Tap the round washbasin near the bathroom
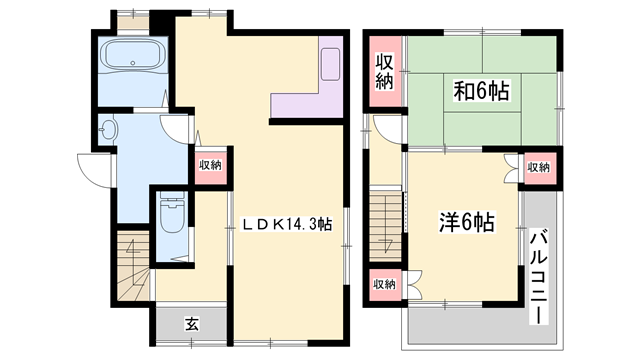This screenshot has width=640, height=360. [109, 130]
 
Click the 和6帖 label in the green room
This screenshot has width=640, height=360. [482, 93]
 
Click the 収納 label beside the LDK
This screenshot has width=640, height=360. [209, 166]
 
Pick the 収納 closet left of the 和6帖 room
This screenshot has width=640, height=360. [385, 72]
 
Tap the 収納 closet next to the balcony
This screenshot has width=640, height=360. [538, 167]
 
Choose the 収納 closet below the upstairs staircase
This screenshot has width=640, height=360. [385, 285]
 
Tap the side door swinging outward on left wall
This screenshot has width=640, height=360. [93, 169]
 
